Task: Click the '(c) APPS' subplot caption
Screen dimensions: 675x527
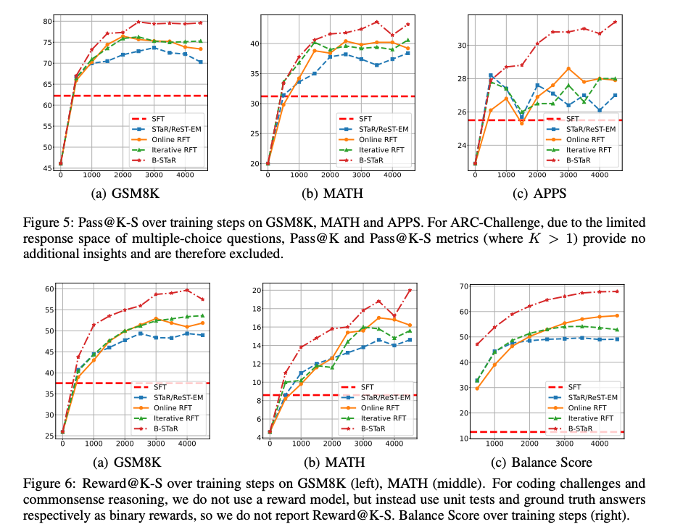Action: [539, 194]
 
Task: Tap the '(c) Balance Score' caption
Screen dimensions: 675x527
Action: [542, 462]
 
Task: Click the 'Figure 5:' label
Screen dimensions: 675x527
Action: [48, 223]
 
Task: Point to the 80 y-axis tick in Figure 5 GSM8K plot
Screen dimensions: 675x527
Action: [47, 21]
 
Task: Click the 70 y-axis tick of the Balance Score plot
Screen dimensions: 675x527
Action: [464, 286]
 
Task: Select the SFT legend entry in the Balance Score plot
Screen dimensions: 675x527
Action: [564, 387]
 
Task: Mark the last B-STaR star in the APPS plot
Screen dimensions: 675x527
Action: [615, 22]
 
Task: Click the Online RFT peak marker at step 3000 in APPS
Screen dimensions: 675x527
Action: [568, 68]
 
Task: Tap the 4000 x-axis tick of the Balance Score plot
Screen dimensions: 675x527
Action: [600, 444]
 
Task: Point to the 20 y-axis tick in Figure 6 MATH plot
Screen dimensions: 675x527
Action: [257, 290]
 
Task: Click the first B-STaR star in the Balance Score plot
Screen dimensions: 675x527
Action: [477, 344]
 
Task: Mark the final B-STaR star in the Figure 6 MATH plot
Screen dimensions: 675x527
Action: [410, 290]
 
